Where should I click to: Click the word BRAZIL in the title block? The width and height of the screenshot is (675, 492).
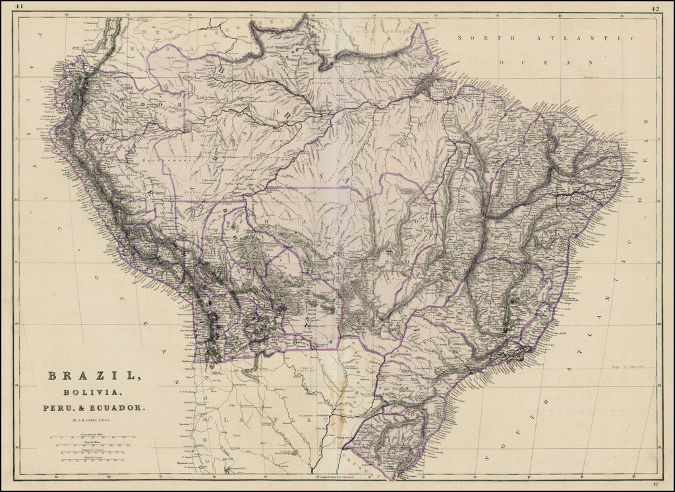click(94, 376)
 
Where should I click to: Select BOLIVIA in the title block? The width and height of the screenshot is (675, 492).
click(94, 394)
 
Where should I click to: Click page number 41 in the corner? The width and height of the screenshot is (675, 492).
click(18, 7)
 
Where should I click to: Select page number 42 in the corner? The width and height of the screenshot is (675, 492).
click(655, 9)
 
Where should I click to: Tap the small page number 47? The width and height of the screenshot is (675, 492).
click(655, 483)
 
